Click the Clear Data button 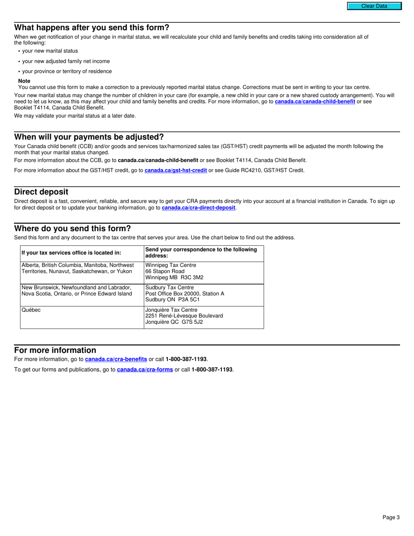point(374,6)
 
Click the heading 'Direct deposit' point(41,192)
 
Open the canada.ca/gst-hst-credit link point(176,170)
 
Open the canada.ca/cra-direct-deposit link point(198,208)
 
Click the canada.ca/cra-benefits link point(116,359)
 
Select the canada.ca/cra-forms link point(145,370)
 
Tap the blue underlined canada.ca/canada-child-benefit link point(315,102)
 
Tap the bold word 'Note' point(24,81)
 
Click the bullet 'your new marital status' point(50,51)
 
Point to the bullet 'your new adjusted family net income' point(66,61)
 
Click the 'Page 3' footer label point(391,517)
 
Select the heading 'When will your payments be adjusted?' point(89,137)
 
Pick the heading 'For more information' point(55,350)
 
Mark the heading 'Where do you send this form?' point(72,229)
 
